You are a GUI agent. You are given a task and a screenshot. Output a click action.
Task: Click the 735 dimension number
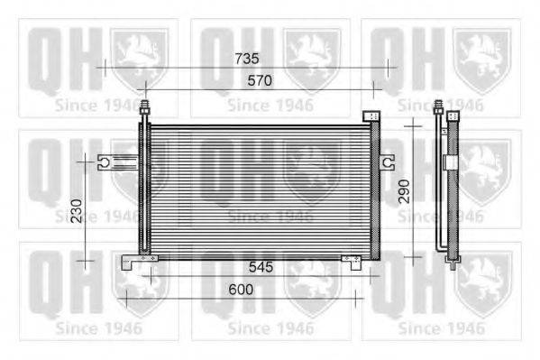pos(247,59)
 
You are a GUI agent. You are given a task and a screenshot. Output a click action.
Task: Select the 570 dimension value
pos(260,80)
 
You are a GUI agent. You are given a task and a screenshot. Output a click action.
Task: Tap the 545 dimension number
pos(261,267)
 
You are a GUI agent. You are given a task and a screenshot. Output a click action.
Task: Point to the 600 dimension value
pos(241,290)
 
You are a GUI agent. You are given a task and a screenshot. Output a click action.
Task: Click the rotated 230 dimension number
pos(77,211)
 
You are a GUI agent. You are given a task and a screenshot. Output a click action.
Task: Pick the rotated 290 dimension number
pos(404,191)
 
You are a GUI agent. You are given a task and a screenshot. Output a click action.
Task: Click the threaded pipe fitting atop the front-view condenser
pos(145,107)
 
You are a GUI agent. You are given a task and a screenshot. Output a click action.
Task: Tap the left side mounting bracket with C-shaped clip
pos(118,162)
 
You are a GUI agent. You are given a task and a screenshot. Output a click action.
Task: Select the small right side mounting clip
pos(388,162)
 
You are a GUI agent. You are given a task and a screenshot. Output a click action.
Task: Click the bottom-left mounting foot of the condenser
pos(139,262)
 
